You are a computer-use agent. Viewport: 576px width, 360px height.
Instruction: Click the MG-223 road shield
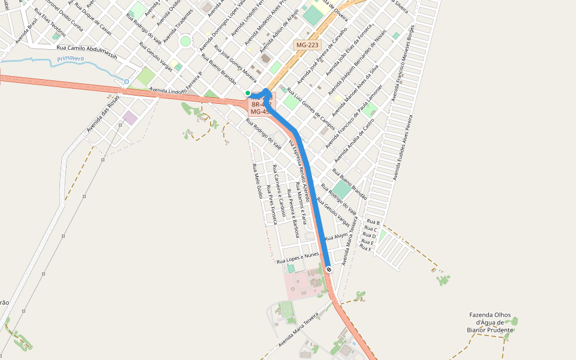coord(307,45)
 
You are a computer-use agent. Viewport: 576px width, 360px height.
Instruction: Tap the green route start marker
coord(248,92)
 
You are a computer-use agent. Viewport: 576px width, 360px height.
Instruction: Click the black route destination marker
coord(329,269)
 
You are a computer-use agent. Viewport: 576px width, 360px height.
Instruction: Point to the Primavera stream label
coord(71,59)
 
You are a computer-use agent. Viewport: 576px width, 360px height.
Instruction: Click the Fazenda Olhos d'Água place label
coord(490,322)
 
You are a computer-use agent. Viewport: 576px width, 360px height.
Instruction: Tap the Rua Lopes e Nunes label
coord(298,258)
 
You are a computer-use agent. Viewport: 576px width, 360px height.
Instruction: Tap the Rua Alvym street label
coord(337,237)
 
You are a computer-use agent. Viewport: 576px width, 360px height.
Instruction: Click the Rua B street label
coord(373,223)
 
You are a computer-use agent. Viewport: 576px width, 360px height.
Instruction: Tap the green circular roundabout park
coord(185,41)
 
